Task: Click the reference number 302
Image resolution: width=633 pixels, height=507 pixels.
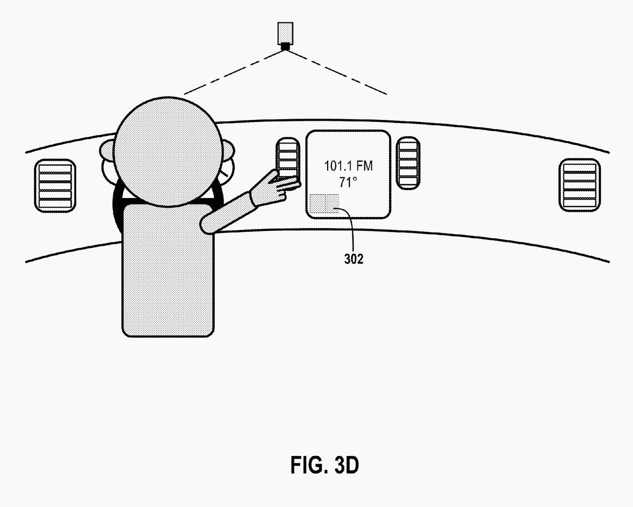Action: click(x=354, y=259)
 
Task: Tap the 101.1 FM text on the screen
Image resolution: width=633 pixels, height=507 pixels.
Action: click(x=348, y=166)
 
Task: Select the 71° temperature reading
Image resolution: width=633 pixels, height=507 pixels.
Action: click(x=348, y=182)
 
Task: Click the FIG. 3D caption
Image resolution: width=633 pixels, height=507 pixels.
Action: click(x=324, y=465)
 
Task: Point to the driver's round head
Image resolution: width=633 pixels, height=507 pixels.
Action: click(x=167, y=152)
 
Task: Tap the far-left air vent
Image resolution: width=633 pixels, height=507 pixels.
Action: click(x=55, y=186)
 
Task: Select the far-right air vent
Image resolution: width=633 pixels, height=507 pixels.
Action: click(x=579, y=185)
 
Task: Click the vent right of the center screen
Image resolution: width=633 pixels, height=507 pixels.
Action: click(x=408, y=163)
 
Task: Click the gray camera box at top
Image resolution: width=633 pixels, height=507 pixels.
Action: click(x=285, y=33)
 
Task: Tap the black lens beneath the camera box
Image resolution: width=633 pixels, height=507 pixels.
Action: click(x=285, y=47)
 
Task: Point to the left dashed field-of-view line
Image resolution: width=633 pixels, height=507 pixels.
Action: click(x=235, y=72)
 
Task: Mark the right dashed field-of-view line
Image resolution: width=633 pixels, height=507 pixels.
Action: click(x=336, y=72)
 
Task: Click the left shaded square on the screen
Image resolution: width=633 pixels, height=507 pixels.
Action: click(x=317, y=203)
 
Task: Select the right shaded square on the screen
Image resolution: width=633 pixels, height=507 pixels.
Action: click(x=332, y=203)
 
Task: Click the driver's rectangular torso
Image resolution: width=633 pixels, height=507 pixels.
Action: click(x=168, y=271)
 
